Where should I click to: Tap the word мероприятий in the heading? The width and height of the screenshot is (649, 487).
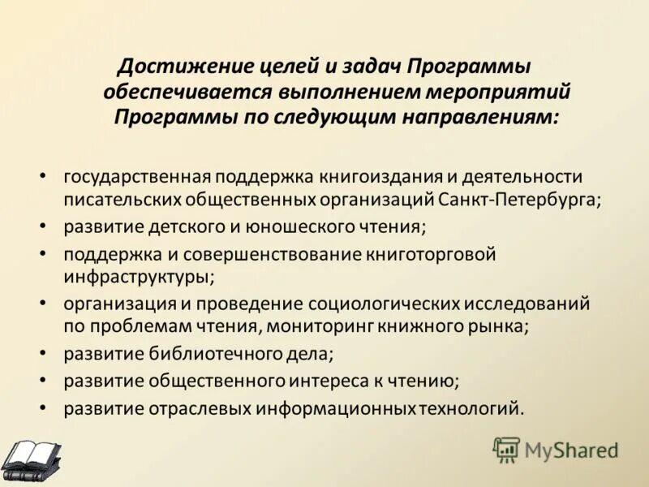(x=502, y=91)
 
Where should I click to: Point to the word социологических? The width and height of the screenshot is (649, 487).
(x=384, y=304)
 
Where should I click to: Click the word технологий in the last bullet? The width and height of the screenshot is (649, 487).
(x=468, y=407)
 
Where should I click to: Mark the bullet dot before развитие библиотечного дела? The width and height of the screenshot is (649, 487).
(x=43, y=355)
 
